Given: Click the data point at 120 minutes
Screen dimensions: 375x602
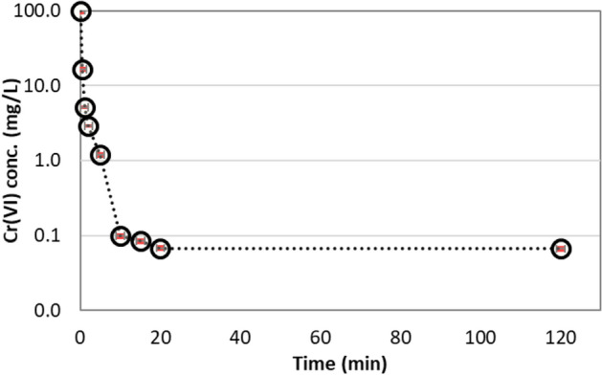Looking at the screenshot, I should click(561, 249).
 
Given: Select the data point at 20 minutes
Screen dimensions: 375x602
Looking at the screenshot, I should click(161, 249).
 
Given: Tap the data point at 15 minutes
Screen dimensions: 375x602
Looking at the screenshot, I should click(141, 241).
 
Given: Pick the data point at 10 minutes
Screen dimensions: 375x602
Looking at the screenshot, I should click(121, 236).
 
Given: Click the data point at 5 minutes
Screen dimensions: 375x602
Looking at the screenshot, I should click(100, 155).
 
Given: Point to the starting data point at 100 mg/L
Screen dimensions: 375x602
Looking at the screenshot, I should click(81, 11).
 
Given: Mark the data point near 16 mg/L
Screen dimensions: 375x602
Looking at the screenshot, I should click(82, 70).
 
